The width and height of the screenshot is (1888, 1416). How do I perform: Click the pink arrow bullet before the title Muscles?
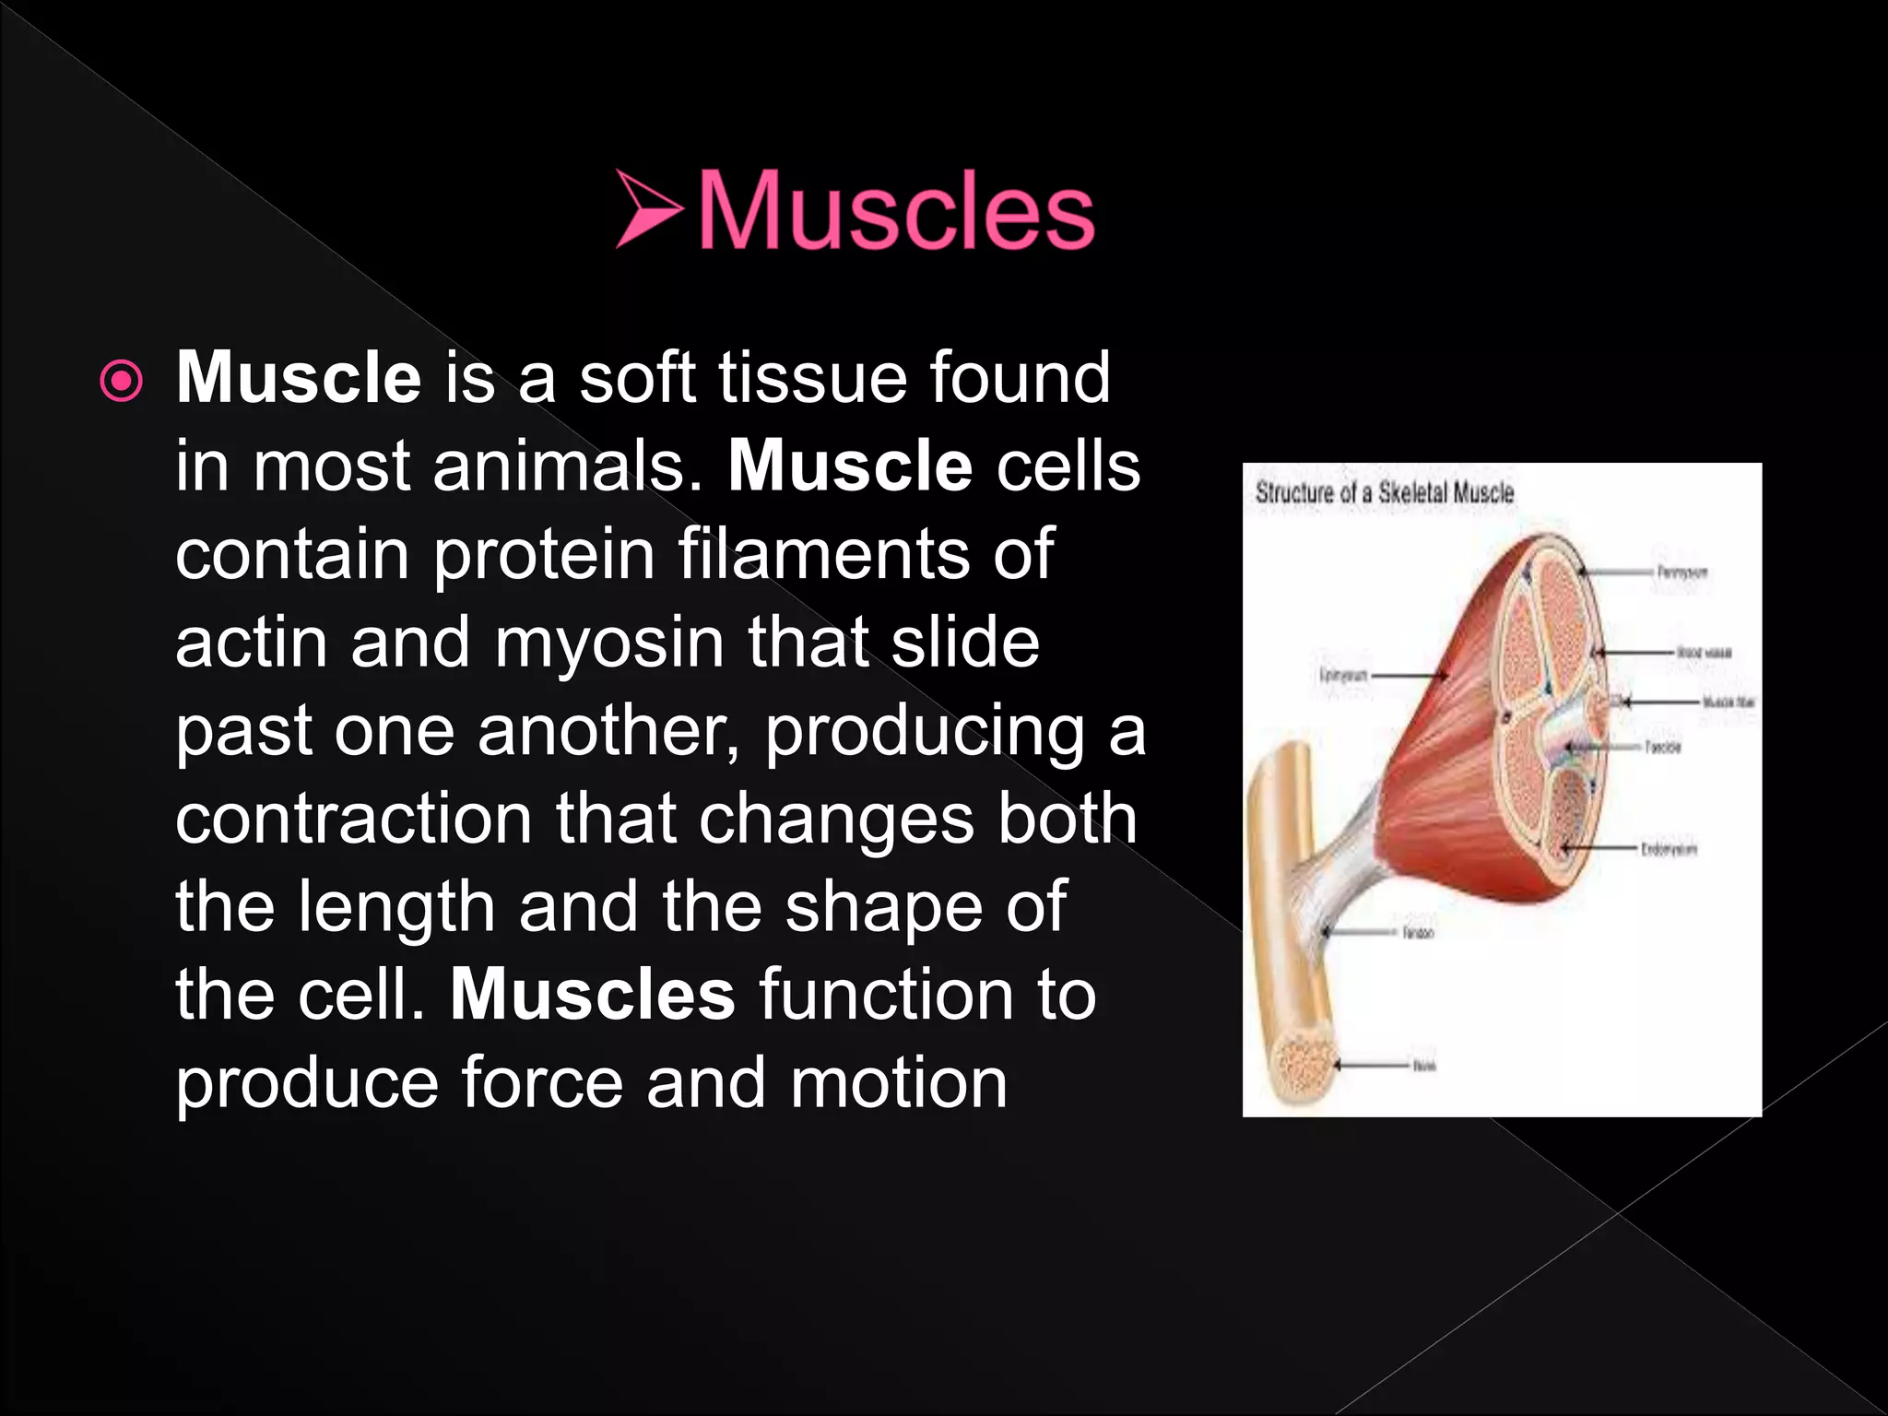(648, 209)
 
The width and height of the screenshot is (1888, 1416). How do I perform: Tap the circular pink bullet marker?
(122, 381)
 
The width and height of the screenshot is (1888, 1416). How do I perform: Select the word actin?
(251, 643)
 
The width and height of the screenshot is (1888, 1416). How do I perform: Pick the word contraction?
(353, 820)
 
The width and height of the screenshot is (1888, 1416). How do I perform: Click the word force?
(541, 1082)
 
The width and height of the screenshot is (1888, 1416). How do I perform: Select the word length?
(396, 908)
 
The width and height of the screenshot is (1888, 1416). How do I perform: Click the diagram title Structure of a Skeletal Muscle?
(1384, 493)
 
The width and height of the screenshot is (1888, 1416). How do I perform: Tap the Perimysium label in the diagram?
(1681, 572)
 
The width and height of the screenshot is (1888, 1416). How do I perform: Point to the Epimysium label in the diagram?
(1343, 675)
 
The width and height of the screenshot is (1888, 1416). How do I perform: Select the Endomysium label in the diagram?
(1669, 848)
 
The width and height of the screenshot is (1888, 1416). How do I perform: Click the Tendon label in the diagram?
(1418, 933)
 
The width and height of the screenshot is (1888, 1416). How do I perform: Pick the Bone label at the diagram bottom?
(1423, 1066)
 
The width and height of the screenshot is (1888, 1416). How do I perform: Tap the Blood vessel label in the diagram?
(1704, 653)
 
